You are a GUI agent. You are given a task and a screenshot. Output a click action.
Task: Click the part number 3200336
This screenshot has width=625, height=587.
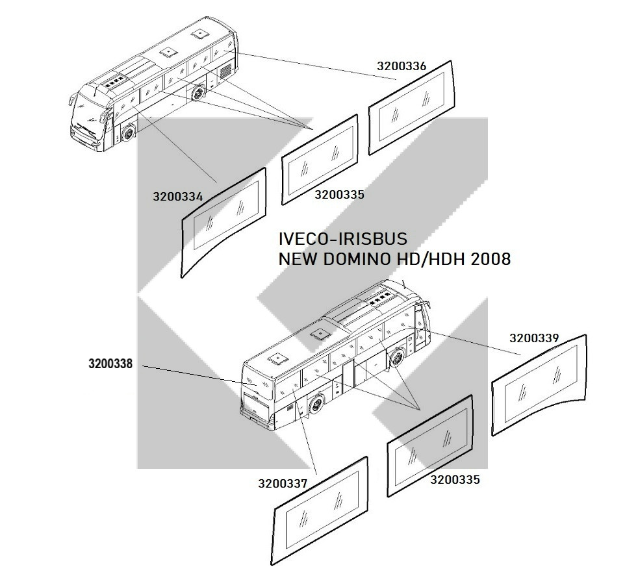[402, 66]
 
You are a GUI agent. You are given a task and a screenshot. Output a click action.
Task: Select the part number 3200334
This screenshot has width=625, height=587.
[178, 197]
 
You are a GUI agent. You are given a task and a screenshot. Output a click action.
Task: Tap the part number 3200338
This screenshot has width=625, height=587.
[110, 364]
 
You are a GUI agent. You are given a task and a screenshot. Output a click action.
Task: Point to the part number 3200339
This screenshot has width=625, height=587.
[534, 338]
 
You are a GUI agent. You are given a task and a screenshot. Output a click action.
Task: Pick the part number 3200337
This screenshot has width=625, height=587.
[283, 483]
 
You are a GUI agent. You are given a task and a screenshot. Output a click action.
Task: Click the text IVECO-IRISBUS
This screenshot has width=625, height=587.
[343, 239]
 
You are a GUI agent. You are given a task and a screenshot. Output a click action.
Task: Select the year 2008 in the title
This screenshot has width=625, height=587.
[491, 259]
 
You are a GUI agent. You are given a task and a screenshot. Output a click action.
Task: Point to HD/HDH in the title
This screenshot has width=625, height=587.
[431, 259]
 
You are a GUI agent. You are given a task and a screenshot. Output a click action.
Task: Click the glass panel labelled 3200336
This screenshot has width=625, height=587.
[412, 108]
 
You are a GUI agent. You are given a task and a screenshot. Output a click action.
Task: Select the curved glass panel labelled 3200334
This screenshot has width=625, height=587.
[223, 222]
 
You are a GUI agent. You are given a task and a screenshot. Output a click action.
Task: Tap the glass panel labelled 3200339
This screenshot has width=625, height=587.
[539, 385]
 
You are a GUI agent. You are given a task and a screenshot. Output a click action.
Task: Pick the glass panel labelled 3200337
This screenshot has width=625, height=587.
[320, 511]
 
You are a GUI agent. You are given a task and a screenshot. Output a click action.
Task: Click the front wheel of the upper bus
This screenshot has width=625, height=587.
[129, 134]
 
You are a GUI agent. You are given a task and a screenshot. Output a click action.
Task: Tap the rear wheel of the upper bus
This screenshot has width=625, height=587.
[197, 94]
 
